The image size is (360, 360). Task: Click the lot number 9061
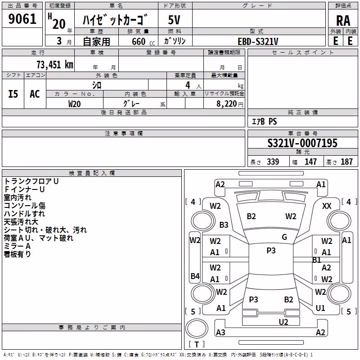point(22,19)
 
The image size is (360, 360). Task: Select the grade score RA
point(343,21)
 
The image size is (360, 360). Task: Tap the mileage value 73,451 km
point(55,64)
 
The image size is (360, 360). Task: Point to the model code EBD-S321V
point(258,41)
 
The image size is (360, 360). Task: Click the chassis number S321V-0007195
point(302,143)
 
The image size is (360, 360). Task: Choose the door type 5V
point(174,20)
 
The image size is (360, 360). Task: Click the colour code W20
point(74,104)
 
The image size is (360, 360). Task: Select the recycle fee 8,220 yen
point(229,104)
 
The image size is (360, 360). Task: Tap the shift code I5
point(13,94)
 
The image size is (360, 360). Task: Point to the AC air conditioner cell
point(35,94)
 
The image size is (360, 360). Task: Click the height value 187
point(346,162)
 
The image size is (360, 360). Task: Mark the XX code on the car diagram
point(327,206)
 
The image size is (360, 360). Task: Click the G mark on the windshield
point(284,237)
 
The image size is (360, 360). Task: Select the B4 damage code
point(195,276)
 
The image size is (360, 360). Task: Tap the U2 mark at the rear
point(283,322)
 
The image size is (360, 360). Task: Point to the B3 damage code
point(224,225)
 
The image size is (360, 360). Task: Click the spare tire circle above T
point(197,328)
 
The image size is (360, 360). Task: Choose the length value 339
point(273,162)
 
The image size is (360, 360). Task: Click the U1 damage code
point(320,308)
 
